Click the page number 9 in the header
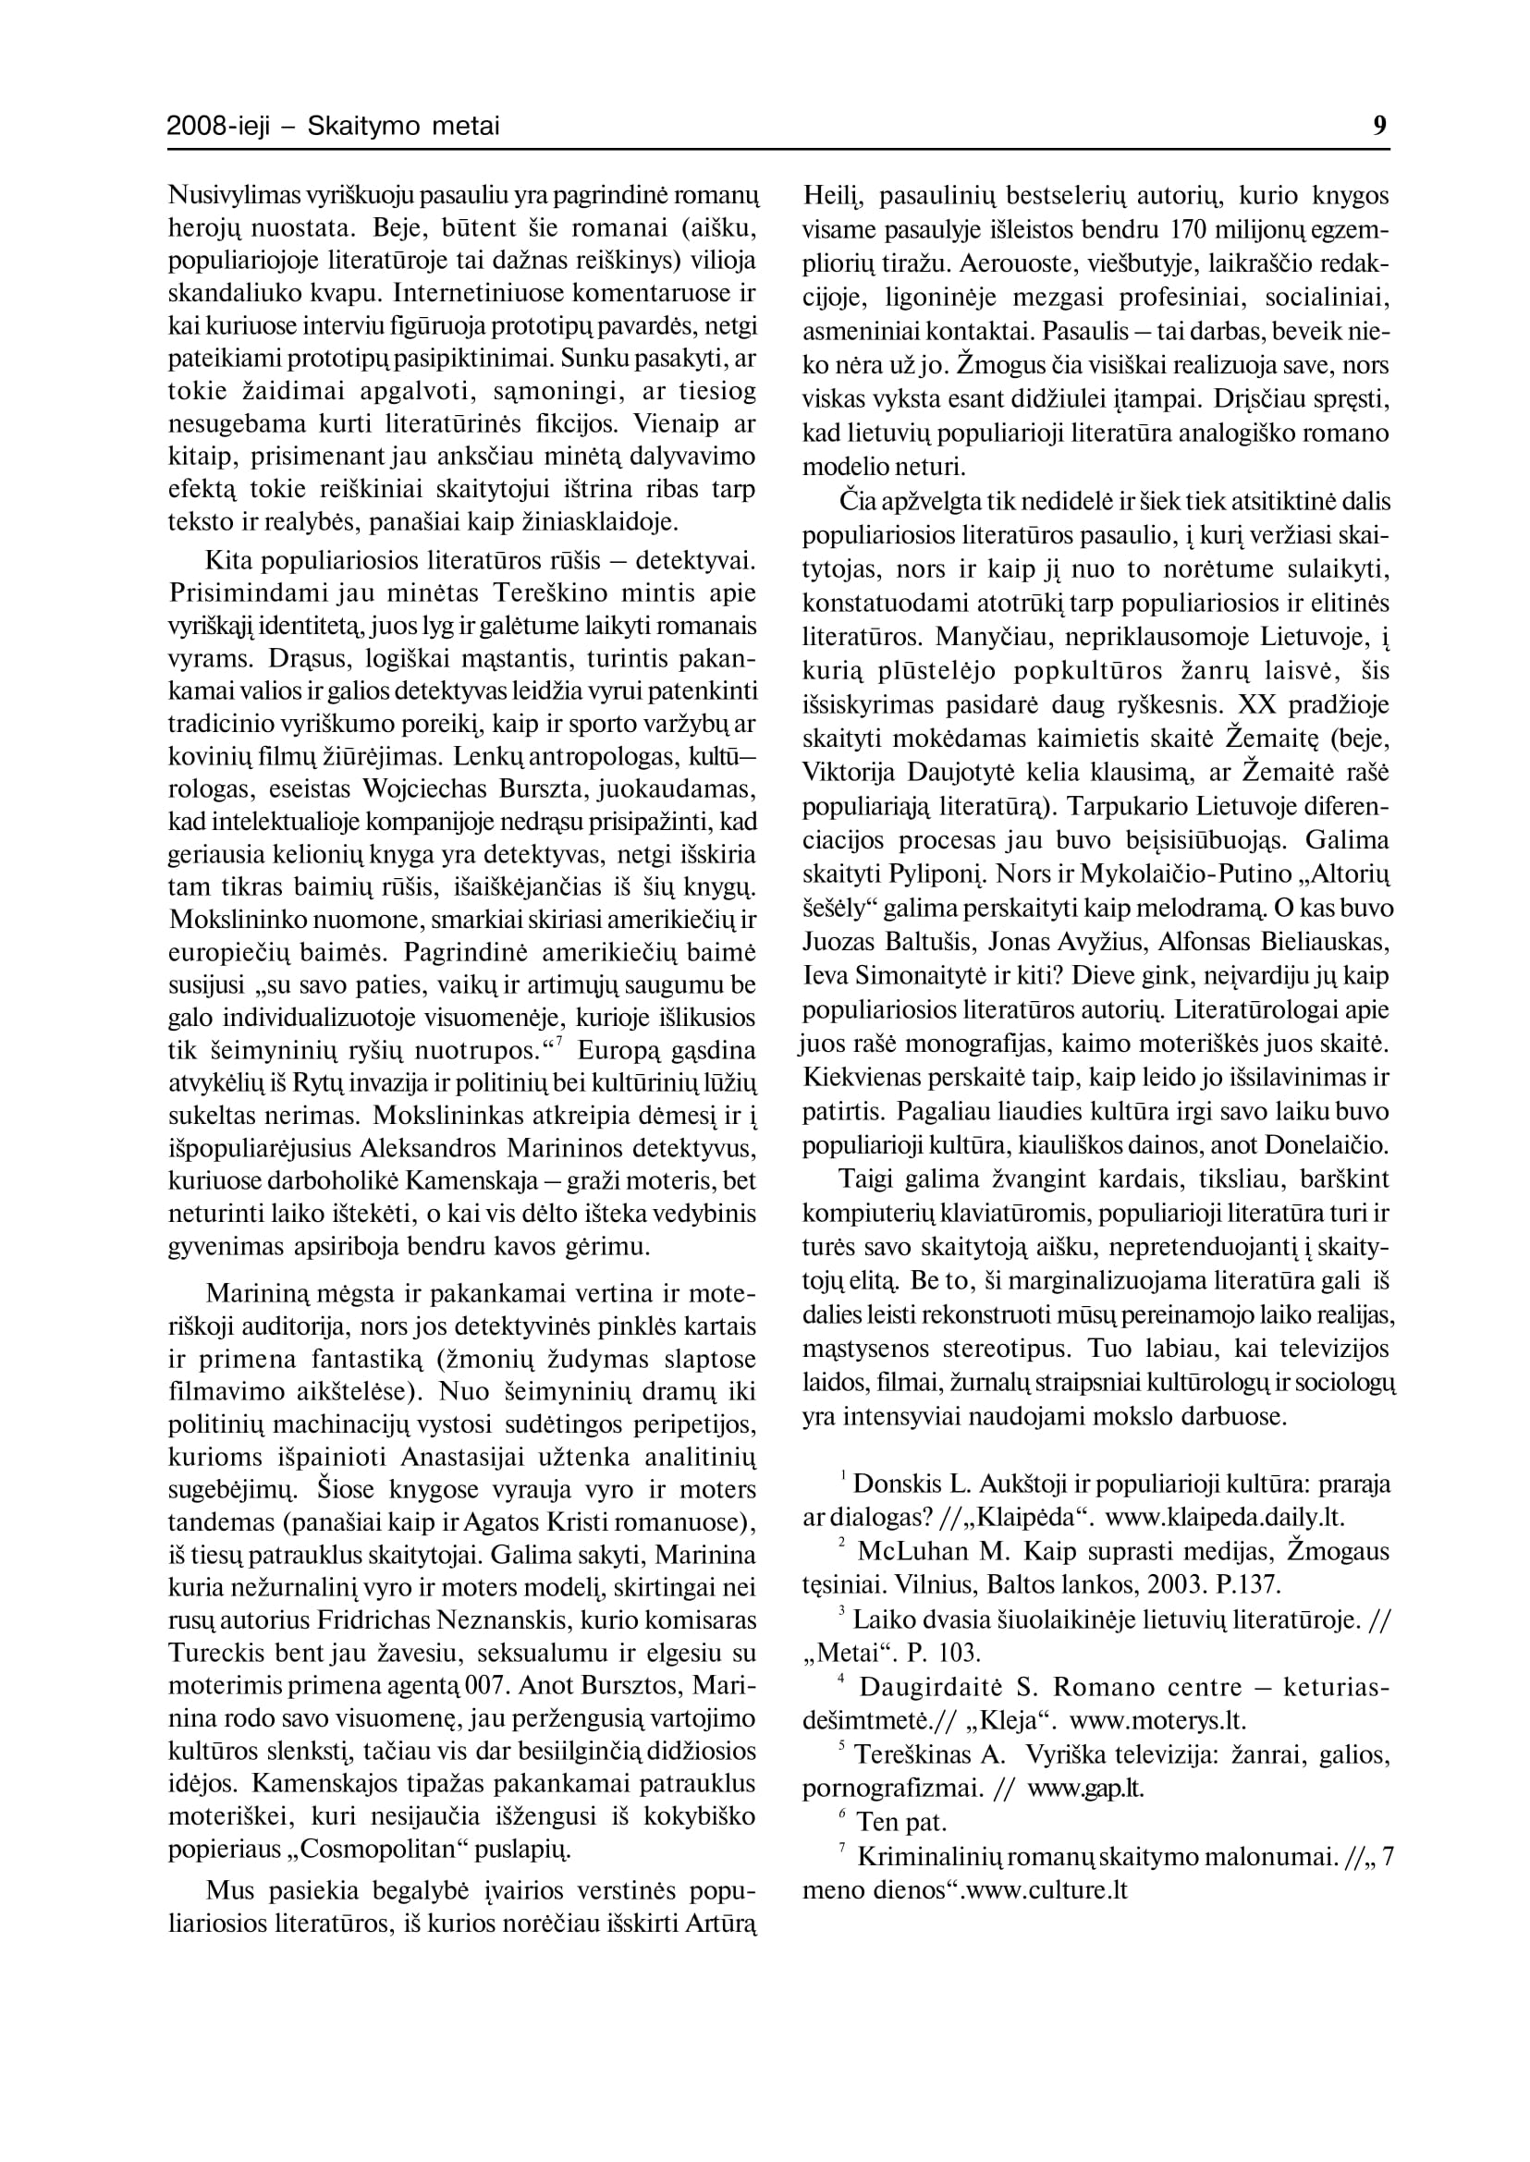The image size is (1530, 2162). click(1380, 126)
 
